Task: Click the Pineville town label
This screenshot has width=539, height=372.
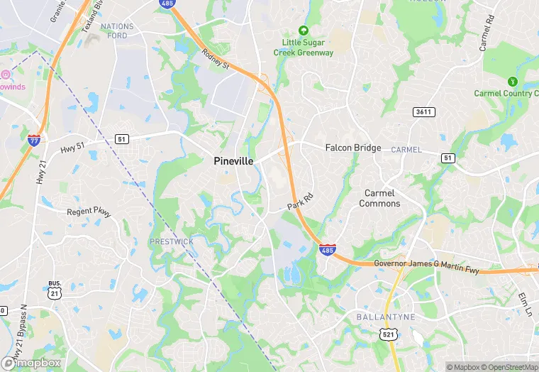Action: click(x=233, y=161)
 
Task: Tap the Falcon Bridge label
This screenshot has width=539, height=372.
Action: click(x=353, y=148)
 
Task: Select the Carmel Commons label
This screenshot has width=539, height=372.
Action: click(x=379, y=198)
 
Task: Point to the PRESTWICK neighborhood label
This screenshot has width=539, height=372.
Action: click(x=171, y=241)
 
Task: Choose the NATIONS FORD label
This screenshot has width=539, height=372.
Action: click(x=117, y=31)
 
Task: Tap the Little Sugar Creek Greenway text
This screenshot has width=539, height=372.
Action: click(x=304, y=48)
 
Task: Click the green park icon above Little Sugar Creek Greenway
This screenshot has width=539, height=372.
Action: click(x=304, y=31)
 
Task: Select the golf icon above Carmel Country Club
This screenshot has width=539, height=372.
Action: click(x=512, y=82)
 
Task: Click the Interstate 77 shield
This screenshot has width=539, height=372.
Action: click(x=33, y=140)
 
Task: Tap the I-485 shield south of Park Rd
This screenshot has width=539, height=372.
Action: click(x=327, y=250)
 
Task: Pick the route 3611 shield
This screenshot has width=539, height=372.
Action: click(x=423, y=112)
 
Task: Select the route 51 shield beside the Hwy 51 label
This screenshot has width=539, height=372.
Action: click(x=122, y=139)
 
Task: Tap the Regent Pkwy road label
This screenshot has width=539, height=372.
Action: click(x=89, y=212)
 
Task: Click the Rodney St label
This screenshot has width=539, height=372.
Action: click(x=216, y=60)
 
